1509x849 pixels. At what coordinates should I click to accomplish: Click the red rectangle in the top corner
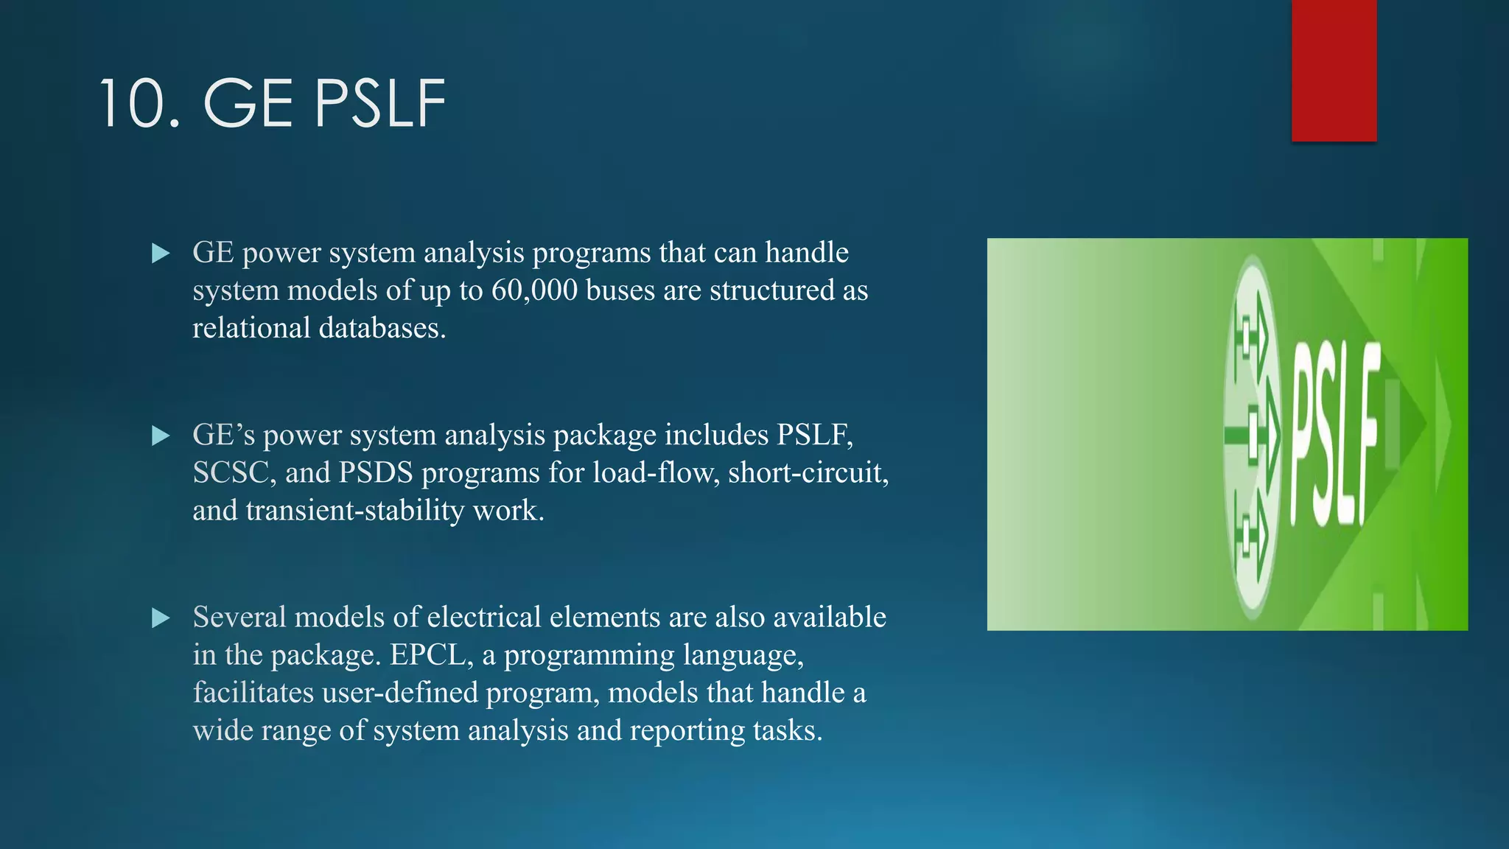click(x=1334, y=70)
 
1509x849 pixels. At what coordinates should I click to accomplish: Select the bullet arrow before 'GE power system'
click(x=160, y=254)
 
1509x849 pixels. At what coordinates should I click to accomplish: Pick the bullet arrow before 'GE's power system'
click(x=160, y=436)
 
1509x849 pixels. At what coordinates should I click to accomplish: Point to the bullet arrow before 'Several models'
click(x=160, y=618)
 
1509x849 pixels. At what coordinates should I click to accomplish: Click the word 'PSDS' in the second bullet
click(x=376, y=472)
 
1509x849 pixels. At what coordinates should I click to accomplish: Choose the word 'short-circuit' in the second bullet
click(x=808, y=472)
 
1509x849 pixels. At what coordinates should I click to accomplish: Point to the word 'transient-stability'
click(x=354, y=510)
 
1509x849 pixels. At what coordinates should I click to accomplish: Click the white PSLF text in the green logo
click(x=1334, y=435)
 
